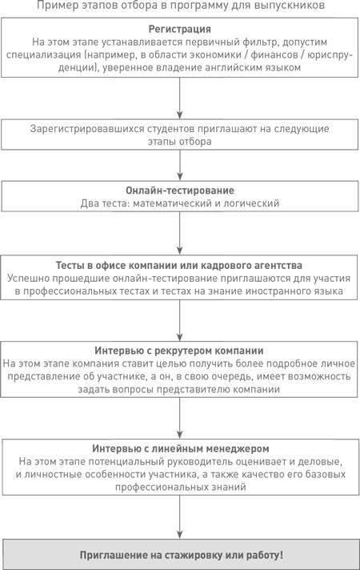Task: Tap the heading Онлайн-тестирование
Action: click(x=179, y=191)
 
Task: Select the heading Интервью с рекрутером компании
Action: click(x=179, y=351)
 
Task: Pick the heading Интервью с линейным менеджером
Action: click(x=179, y=448)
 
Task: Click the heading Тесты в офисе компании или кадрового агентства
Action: click(x=179, y=265)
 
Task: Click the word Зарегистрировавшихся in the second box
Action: click(x=87, y=128)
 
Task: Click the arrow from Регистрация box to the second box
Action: click(x=179, y=99)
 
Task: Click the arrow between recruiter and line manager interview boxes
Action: click(x=179, y=419)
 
